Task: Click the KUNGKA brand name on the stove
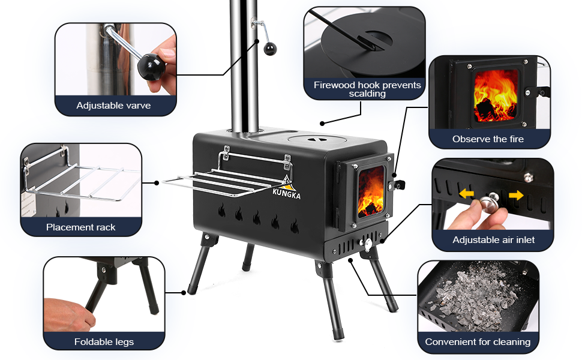pos(287,193)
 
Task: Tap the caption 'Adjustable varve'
pos(113,106)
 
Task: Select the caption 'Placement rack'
pos(80,227)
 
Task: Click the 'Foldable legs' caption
pos(104,342)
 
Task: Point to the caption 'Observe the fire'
pos(488,139)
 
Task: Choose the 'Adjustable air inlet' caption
pos(493,240)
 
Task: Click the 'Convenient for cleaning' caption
pos(478,342)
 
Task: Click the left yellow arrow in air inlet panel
pos(467,194)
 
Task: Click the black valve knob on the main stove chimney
pos(270,49)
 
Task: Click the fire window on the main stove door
pos(370,191)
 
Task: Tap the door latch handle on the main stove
pos(397,184)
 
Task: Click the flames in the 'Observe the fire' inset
pos(495,96)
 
